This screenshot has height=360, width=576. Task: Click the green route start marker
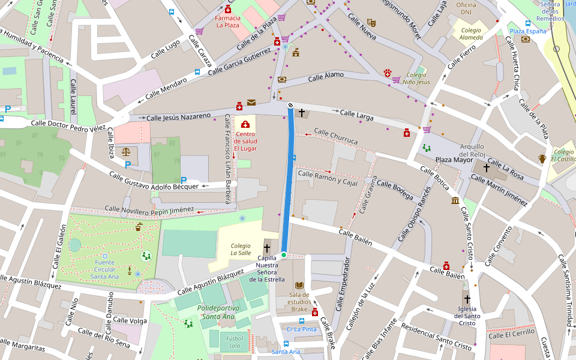[284, 255]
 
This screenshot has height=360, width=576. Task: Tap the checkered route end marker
[290, 105]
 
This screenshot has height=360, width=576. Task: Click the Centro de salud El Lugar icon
[245, 124]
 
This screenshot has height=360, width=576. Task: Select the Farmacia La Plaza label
[228, 22]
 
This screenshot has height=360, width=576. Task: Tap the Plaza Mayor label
[454, 160]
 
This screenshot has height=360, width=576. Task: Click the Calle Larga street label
[356, 113]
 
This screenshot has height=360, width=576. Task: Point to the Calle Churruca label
[335, 136]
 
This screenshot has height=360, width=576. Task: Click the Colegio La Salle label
[241, 249]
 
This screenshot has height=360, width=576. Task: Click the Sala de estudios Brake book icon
[299, 286]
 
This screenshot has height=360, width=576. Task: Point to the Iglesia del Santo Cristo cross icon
[466, 298]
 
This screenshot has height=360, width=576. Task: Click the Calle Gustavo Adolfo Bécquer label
[154, 180]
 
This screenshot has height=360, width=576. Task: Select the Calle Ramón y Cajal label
[328, 178]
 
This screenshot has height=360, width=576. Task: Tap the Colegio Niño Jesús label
[416, 78]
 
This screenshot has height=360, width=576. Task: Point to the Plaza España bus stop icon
[527, 23]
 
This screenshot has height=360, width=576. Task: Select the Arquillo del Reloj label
[472, 151]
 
